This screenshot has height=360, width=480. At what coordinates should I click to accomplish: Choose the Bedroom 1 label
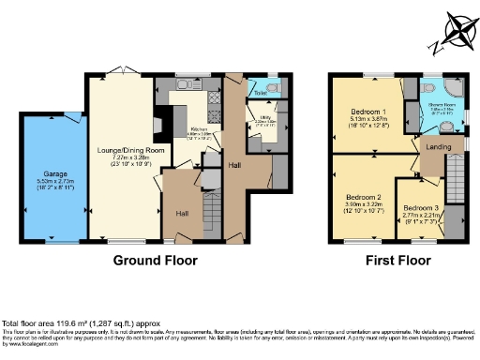[361, 111]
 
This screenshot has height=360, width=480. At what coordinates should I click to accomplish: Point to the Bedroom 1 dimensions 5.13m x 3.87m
[361, 119]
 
